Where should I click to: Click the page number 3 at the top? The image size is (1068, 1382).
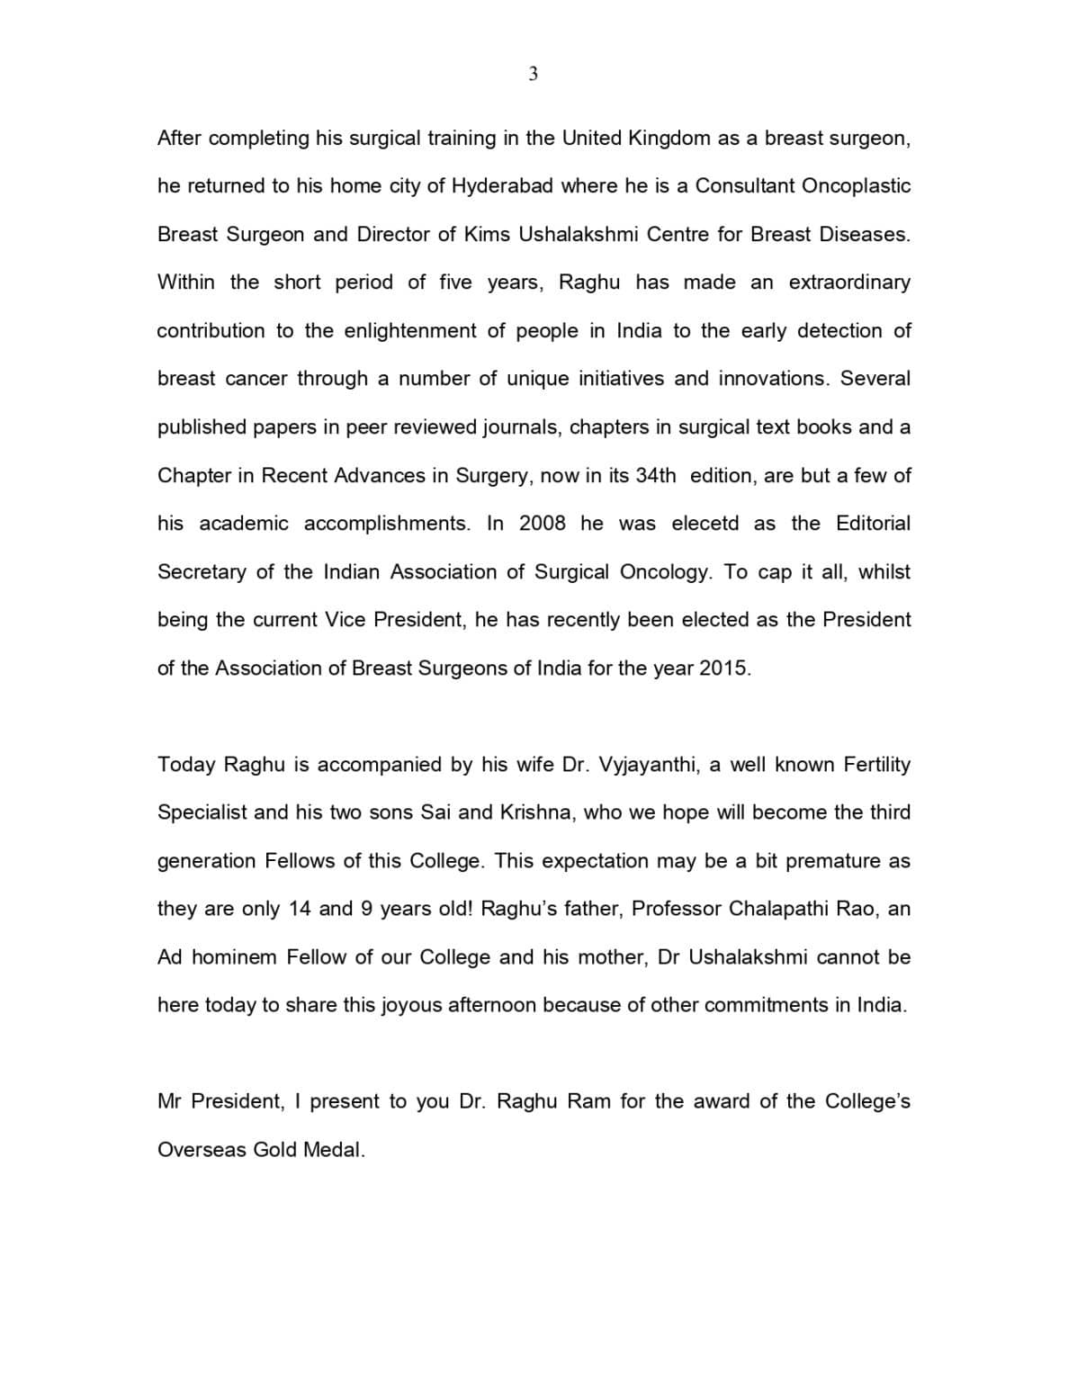[533, 75]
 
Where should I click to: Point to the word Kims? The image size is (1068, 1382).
[487, 235]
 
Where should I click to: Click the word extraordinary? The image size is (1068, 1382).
[849, 283]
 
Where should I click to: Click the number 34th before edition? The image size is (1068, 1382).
[655, 475]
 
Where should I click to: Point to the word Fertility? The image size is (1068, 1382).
[876, 765]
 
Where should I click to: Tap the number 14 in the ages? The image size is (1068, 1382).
[300, 909]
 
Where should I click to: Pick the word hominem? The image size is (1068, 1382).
[234, 957]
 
